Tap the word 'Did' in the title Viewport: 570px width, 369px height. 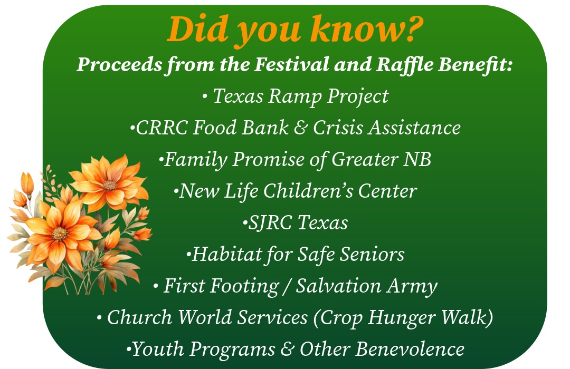[197, 28]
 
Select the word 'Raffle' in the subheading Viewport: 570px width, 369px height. [405, 65]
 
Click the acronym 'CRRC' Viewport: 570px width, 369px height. [162, 128]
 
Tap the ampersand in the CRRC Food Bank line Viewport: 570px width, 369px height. [301, 128]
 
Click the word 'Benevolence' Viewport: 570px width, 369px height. [410, 349]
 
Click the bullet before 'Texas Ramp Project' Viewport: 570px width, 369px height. [205, 97]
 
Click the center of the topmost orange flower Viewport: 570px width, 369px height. [109, 185]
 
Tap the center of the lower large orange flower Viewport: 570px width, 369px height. [60, 234]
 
